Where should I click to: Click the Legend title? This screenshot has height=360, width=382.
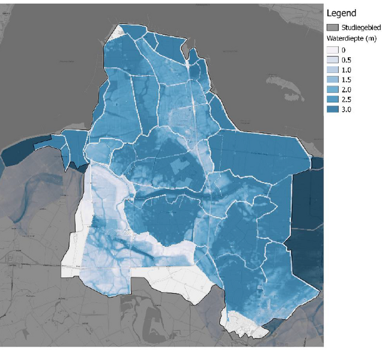341,13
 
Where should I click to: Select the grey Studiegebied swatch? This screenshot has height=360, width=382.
332,28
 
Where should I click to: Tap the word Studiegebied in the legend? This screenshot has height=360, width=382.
360,28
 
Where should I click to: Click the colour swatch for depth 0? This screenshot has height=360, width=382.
332,50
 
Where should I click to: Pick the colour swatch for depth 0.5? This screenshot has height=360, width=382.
332,60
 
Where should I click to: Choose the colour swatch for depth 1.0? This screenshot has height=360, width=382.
332,70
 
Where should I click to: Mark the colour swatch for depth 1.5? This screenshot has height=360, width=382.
332,80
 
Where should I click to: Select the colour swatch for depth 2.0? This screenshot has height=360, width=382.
332,90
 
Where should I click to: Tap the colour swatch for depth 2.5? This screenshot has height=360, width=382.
332,100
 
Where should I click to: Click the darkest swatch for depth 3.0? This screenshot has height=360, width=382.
332,110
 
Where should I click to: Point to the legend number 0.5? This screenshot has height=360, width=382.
347,60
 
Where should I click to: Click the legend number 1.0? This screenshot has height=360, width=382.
347,70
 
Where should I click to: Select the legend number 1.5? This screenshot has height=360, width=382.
347,80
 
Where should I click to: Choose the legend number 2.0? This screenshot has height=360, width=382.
347,90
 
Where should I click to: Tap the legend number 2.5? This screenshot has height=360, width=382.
347,100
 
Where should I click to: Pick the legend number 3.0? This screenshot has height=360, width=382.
347,110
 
